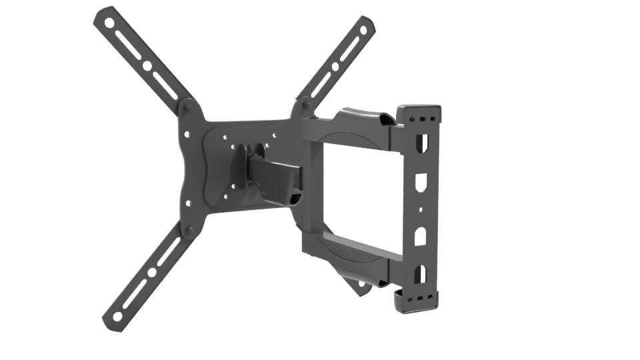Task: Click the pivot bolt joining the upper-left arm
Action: click(187, 106)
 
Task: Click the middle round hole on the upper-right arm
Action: click(331, 65)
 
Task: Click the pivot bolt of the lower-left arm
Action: click(189, 230)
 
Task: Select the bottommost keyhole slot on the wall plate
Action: click(418, 273)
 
